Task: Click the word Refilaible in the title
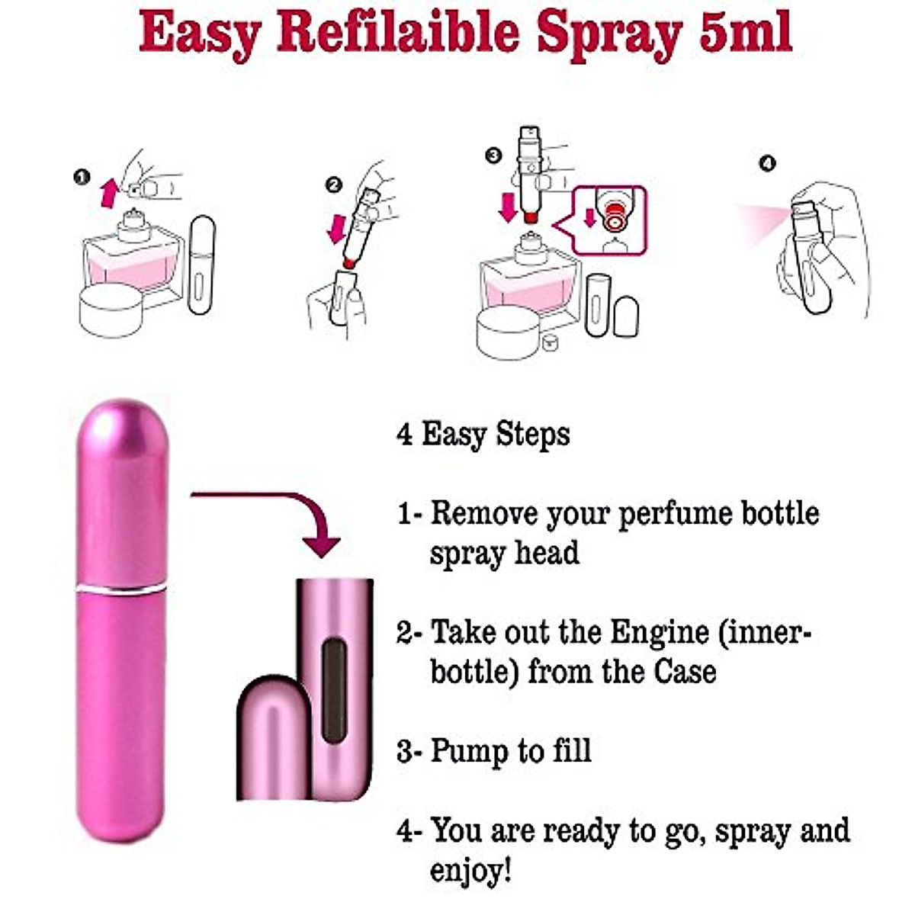(x=398, y=34)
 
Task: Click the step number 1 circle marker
(x=81, y=177)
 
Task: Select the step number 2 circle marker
(x=333, y=185)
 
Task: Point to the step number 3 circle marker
(x=493, y=156)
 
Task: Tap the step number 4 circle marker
(x=767, y=163)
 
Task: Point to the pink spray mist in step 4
(x=759, y=222)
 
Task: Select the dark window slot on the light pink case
(x=334, y=691)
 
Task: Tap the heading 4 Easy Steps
(x=483, y=435)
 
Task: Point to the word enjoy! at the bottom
(x=470, y=870)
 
